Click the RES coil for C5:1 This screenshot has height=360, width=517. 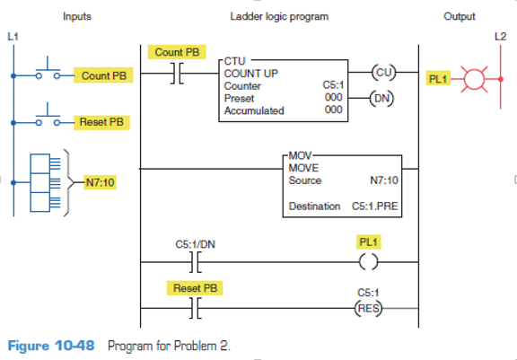367,306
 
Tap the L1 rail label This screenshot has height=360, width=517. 12,37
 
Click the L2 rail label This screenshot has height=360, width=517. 500,37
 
